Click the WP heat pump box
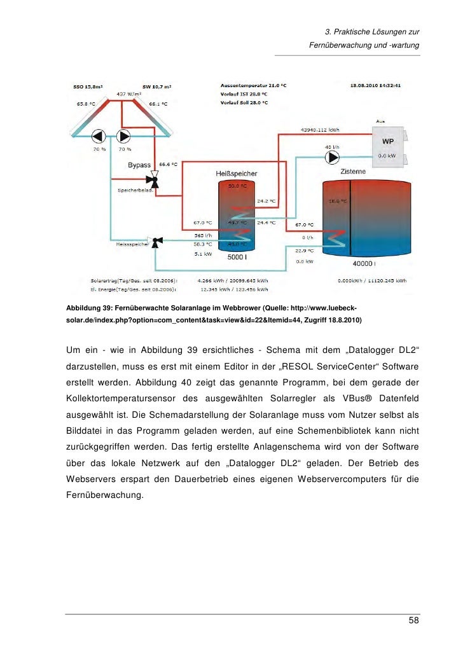(x=387, y=148)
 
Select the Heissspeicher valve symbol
(x=158, y=241)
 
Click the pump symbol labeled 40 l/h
(x=331, y=157)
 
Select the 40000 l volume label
(x=364, y=263)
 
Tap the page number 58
(x=413, y=620)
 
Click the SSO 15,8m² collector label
(x=89, y=86)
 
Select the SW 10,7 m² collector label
(x=156, y=86)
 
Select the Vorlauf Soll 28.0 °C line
(x=244, y=102)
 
